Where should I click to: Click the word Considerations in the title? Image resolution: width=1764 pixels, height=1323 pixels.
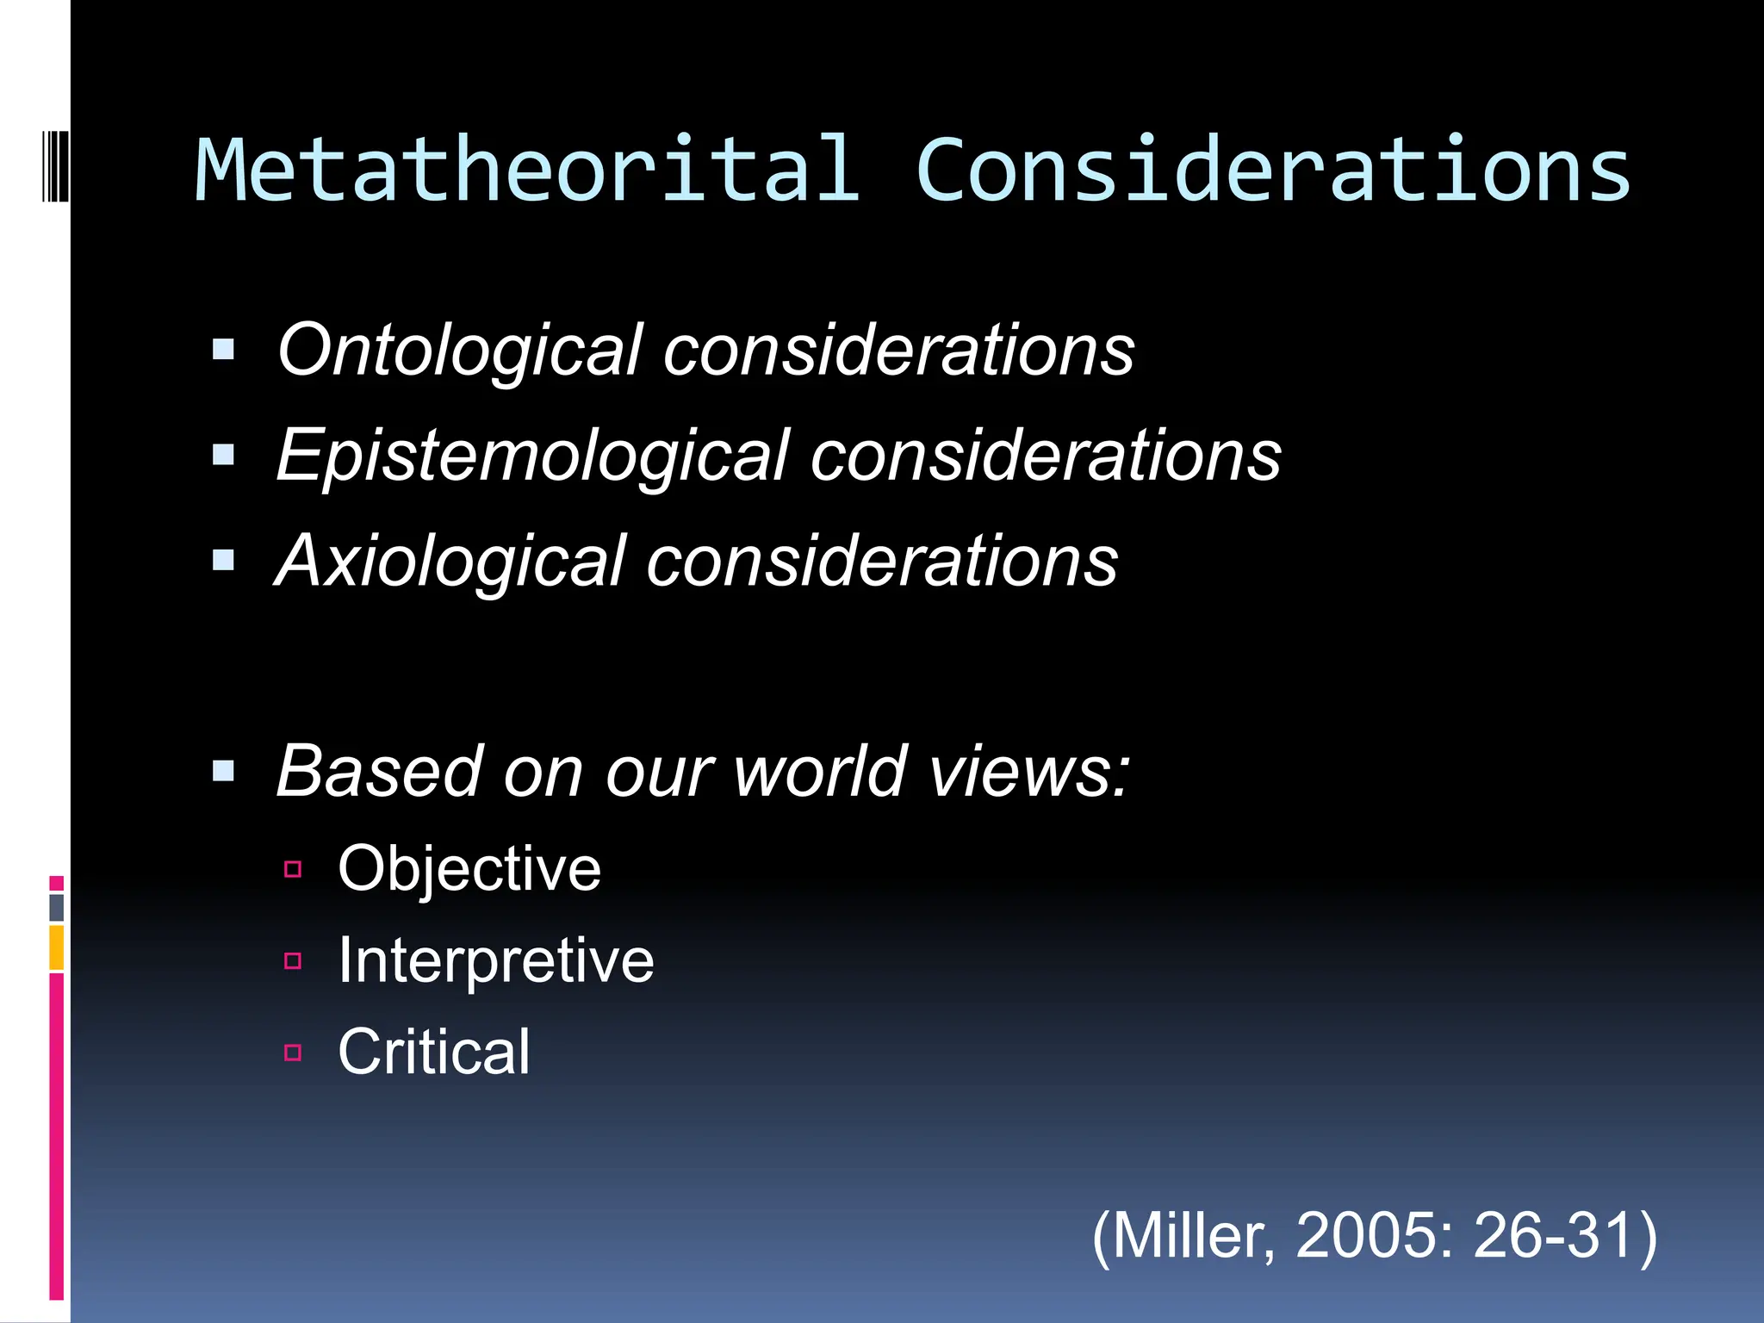point(1273,171)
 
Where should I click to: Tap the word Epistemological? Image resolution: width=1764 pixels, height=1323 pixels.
point(532,457)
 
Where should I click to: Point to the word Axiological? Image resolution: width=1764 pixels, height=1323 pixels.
point(449,562)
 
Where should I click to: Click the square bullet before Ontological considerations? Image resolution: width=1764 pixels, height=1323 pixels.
point(224,350)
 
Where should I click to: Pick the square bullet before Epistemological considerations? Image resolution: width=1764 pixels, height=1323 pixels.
point(224,455)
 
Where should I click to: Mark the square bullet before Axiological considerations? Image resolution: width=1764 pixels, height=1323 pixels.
point(224,561)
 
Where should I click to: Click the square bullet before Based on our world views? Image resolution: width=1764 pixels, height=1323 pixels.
point(224,770)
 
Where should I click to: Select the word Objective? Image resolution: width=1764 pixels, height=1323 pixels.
point(469,869)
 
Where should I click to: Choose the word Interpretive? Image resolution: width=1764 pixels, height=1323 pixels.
point(496,960)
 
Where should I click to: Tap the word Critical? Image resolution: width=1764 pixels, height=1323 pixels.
point(434,1052)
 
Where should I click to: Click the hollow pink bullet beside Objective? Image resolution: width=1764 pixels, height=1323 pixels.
point(293,869)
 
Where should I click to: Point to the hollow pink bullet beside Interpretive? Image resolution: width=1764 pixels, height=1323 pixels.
point(293,960)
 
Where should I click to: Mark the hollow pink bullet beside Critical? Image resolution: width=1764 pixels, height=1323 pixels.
point(293,1052)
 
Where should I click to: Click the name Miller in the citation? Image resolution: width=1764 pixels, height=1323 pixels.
point(1185,1236)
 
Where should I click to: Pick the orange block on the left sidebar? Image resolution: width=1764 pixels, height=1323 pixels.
point(57,947)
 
